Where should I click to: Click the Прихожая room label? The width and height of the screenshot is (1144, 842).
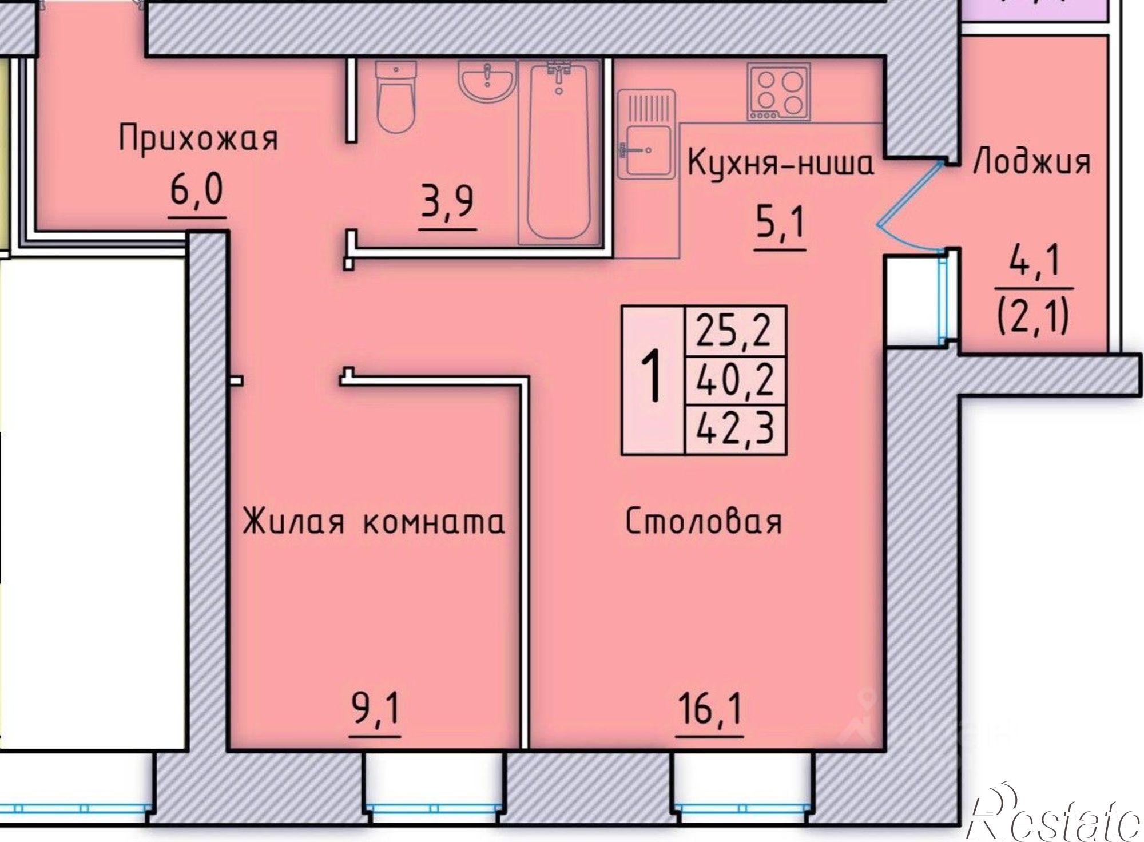[x=198, y=139]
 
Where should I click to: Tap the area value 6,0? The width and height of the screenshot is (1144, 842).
[x=196, y=192]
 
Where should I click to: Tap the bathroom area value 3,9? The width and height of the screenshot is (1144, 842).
[x=447, y=202]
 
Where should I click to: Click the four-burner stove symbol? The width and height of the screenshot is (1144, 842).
[x=778, y=92]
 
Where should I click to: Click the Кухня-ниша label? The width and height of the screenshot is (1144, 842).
[x=780, y=164]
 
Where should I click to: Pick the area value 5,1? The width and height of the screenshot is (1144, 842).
[x=780, y=224]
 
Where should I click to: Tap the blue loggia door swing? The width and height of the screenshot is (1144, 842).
[x=909, y=206]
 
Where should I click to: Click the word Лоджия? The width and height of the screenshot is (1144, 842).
[x=1032, y=162]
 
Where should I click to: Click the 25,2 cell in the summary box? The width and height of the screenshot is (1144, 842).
[x=735, y=331]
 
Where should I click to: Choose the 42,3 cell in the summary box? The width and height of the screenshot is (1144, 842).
[x=735, y=428]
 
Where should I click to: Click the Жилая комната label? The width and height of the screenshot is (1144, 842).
[x=374, y=522]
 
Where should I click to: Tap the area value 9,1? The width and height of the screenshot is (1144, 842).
[x=375, y=711]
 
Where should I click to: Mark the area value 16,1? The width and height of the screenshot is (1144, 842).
[x=709, y=711]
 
